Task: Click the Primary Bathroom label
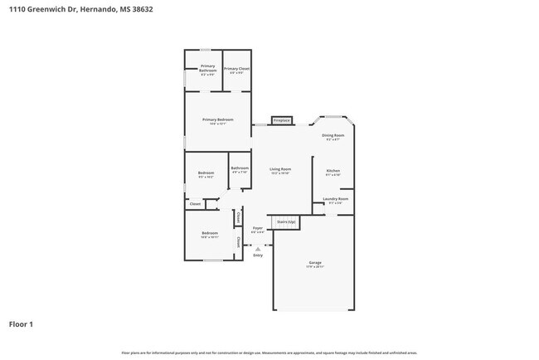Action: pyautogui.click(x=207, y=69)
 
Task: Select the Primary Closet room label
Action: pyautogui.click(x=236, y=69)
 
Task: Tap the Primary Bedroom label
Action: pyautogui.click(x=218, y=120)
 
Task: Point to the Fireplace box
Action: pyautogui.click(x=281, y=121)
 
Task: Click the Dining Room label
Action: pyautogui.click(x=333, y=137)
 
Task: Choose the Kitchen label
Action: pyautogui.click(x=333, y=171)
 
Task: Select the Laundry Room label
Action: pyautogui.click(x=335, y=199)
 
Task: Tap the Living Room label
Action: pyautogui.click(x=280, y=170)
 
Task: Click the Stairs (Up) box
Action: pyautogui.click(x=286, y=222)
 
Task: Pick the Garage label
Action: pyautogui.click(x=314, y=263)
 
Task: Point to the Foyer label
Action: pyautogui.click(x=258, y=228)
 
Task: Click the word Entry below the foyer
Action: pyautogui.click(x=258, y=255)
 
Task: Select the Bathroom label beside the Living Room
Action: pyautogui.click(x=240, y=168)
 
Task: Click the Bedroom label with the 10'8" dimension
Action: pyautogui.click(x=209, y=233)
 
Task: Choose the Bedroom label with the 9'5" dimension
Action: pyautogui.click(x=206, y=173)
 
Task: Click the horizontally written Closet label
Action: pyautogui.click(x=195, y=203)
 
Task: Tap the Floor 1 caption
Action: pyautogui.click(x=22, y=324)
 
